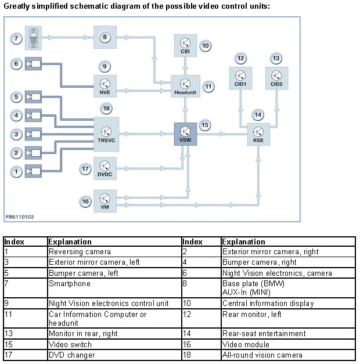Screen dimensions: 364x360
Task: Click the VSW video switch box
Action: [184, 134]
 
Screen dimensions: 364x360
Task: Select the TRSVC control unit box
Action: [106, 134]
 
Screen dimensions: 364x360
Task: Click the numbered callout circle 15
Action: [204, 125]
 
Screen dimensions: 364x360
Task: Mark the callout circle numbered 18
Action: [106, 109]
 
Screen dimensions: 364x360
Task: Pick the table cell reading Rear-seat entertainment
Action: [264, 333]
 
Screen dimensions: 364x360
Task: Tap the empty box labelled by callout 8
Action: [106, 37]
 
